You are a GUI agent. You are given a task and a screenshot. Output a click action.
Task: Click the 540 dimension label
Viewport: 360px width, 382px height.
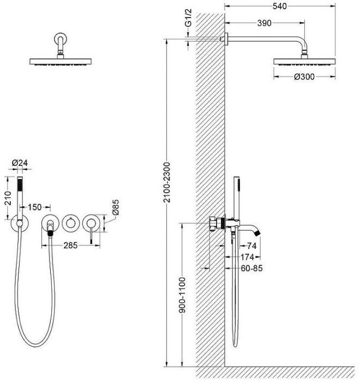280,7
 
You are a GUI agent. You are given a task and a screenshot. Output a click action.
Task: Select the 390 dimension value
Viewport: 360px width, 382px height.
265,23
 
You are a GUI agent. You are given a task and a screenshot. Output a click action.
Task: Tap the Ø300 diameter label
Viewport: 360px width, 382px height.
304,77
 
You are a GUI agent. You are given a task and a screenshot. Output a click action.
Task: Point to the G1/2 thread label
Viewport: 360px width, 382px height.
188,18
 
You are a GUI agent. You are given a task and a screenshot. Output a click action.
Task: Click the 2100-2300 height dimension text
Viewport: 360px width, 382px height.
167,182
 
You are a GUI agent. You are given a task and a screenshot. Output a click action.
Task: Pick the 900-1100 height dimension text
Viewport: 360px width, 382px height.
182,295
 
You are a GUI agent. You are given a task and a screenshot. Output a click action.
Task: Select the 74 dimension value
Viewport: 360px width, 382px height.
251,246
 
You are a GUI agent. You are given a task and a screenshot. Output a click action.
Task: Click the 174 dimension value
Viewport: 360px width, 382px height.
247,257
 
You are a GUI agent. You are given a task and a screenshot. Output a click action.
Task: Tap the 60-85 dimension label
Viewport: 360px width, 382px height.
251,268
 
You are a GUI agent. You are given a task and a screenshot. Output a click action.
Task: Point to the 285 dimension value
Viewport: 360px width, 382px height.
70,246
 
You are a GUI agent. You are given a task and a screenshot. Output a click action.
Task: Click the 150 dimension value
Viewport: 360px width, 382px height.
34,207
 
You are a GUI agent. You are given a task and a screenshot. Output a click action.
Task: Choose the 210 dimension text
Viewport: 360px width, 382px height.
8,198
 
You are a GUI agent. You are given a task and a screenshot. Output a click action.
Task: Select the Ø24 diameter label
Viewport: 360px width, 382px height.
20,163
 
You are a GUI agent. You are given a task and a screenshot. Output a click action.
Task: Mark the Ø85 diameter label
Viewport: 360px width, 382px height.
116,207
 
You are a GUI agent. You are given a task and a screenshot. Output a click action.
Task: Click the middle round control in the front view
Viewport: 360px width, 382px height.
70,223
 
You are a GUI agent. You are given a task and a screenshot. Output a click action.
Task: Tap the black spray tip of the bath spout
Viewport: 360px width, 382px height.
257,233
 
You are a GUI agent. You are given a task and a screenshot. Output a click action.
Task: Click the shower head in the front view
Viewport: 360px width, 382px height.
61,62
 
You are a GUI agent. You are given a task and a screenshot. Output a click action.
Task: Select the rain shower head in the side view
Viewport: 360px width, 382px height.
304,62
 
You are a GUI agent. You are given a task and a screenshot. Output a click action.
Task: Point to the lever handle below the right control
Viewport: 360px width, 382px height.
91,237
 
